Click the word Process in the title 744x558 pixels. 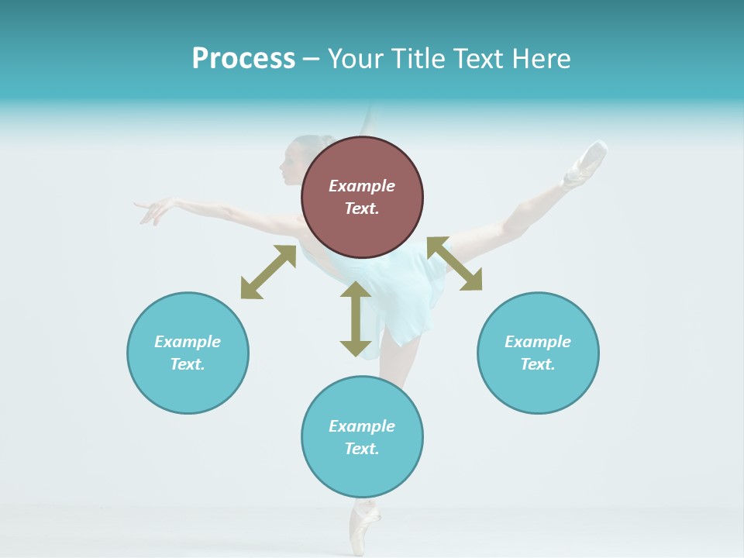243,59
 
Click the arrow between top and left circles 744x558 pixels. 268,272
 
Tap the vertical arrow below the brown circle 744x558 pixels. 356,319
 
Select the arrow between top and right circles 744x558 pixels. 455,263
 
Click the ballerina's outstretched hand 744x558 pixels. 155,210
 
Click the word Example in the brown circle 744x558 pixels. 362,186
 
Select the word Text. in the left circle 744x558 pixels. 188,364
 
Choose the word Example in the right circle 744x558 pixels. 538,342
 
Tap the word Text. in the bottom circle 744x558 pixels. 362,449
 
